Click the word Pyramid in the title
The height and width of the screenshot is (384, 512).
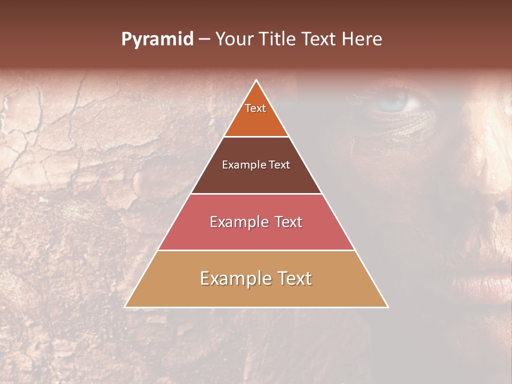[157, 39]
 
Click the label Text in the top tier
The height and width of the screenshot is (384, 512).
[255, 108]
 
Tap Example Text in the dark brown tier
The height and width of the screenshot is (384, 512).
[256, 165]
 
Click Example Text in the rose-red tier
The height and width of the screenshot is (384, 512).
[256, 222]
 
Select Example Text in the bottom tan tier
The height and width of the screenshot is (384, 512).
[256, 278]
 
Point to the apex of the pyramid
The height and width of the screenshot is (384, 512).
[257, 81]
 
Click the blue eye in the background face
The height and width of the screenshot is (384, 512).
[397, 101]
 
